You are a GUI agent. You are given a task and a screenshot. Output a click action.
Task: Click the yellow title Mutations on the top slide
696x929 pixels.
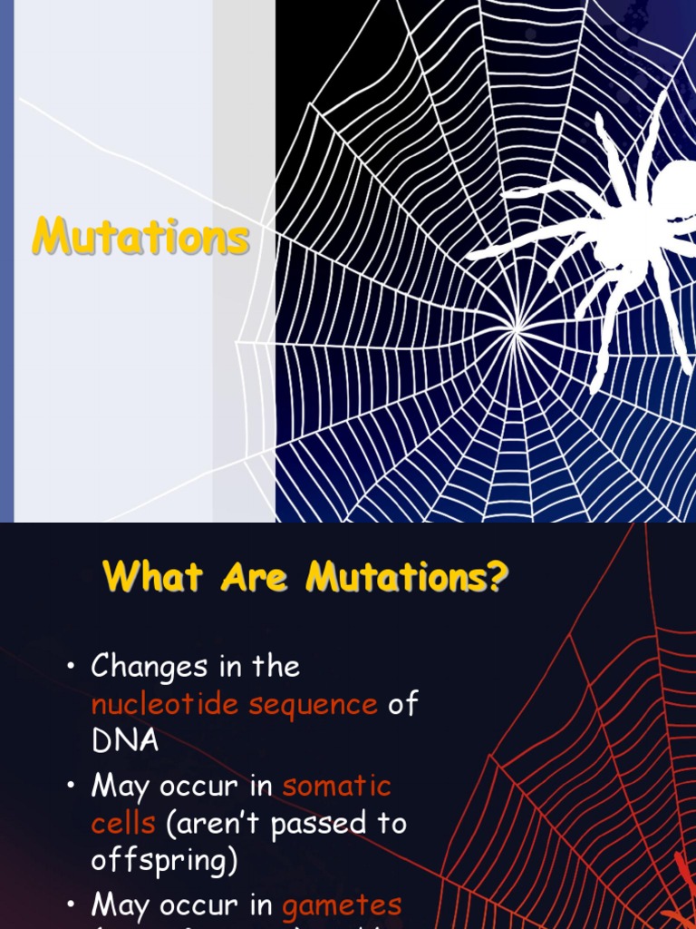[x=140, y=238]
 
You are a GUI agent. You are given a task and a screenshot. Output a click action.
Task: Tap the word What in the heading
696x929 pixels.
[x=153, y=577]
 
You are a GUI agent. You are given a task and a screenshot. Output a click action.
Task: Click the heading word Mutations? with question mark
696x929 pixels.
[x=407, y=577]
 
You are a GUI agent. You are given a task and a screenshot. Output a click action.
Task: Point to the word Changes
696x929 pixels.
[x=150, y=668]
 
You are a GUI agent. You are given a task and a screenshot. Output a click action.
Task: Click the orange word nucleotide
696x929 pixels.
[x=166, y=704]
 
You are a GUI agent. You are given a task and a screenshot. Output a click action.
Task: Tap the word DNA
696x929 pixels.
[x=125, y=741]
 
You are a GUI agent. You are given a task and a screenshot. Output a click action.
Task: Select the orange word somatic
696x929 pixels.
[x=336, y=786]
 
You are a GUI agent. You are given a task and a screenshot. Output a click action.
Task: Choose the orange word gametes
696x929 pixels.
[x=342, y=905]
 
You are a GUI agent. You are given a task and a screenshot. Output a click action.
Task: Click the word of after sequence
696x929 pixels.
[x=403, y=704]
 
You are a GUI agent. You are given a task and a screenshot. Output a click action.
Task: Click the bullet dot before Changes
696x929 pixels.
[x=70, y=669]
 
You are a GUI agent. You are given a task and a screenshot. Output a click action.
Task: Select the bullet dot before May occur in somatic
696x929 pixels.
[x=70, y=787]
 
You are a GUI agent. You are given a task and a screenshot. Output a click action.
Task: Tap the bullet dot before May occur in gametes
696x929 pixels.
[x=70, y=905]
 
